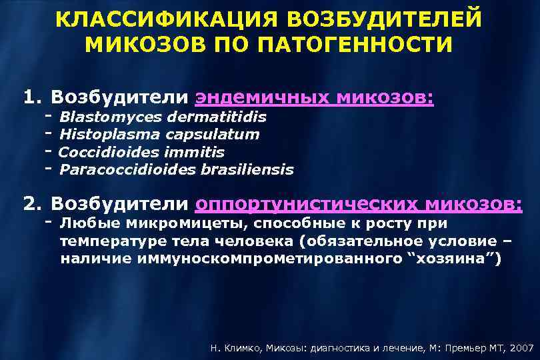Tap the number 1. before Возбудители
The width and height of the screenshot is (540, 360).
pyautogui.click(x=32, y=98)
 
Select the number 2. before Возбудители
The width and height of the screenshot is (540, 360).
pyautogui.click(x=32, y=202)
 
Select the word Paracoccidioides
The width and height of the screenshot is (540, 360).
pyautogui.click(x=127, y=169)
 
